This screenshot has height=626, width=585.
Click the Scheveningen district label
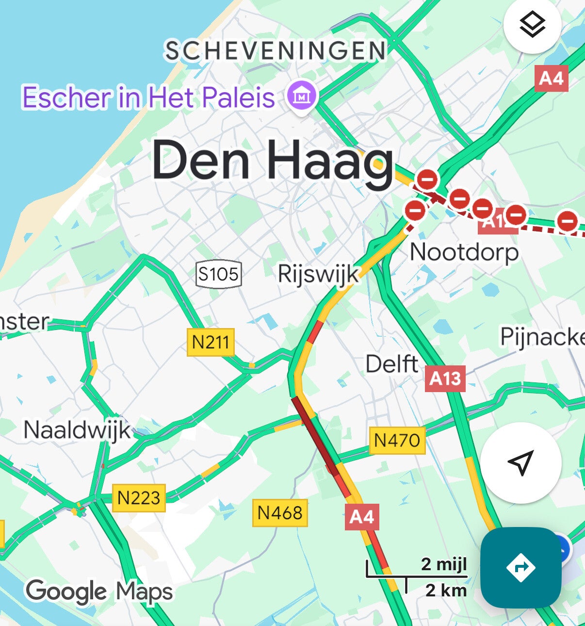[x=275, y=51]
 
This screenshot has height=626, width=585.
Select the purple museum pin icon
[x=302, y=96]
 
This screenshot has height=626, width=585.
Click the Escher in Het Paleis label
[x=148, y=97]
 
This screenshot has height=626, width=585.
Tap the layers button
[x=532, y=24]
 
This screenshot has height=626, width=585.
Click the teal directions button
[x=520, y=567]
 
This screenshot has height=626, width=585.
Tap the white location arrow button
[x=520, y=462]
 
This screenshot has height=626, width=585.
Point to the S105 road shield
[x=218, y=274]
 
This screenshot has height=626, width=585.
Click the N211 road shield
[x=211, y=342]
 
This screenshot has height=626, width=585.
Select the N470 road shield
[x=397, y=441]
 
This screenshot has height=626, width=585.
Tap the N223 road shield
[x=139, y=498]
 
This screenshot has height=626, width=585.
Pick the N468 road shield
[x=280, y=513]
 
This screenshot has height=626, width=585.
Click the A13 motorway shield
[x=445, y=379]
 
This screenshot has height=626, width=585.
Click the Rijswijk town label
[x=318, y=275]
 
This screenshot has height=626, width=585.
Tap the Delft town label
[x=391, y=364]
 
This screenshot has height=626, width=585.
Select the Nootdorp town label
[x=464, y=252]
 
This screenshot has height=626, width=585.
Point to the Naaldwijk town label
[x=77, y=430]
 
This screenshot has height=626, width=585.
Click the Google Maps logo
[x=99, y=591]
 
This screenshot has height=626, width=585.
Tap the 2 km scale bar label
[x=446, y=590]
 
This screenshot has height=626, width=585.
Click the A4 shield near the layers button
[x=551, y=78]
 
